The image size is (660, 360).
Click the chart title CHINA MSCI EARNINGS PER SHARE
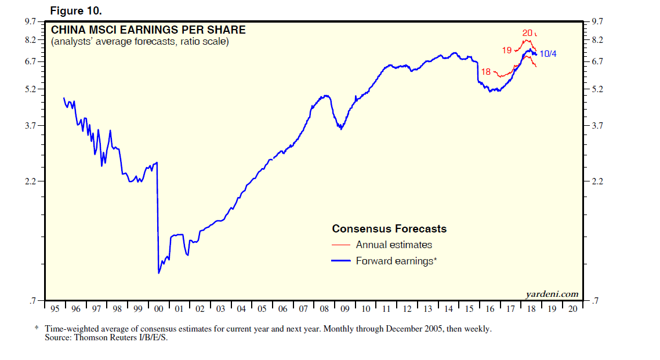[148, 30]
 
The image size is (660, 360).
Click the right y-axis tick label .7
[594, 301]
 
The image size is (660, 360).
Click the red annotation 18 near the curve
[486, 72]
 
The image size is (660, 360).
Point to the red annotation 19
[507, 50]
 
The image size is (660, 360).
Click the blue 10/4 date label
[548, 54]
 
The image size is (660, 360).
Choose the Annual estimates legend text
[394, 245]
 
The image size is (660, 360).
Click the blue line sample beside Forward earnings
[341, 261]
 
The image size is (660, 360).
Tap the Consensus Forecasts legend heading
[389, 228]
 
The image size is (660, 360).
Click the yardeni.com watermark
[552, 294]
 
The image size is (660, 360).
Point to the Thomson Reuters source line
[106, 337]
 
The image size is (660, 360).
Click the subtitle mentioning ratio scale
[139, 42]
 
